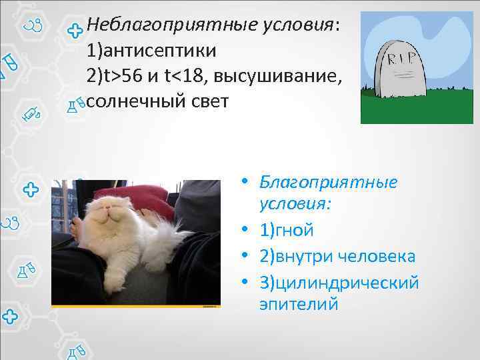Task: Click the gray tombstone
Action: point(401,73)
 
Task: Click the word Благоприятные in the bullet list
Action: point(329,182)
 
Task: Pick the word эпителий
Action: point(299,305)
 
